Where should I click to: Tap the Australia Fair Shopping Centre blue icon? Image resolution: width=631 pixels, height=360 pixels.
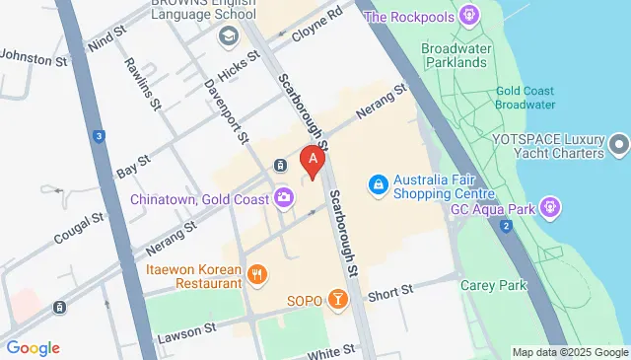[377, 184]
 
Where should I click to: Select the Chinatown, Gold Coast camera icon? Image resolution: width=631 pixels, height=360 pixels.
[284, 198]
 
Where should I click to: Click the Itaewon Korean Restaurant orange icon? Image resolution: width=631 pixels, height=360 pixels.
[257, 275]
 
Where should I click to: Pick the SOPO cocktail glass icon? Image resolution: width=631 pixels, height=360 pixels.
[338, 299]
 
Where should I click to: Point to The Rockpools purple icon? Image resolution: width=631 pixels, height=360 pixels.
[470, 16]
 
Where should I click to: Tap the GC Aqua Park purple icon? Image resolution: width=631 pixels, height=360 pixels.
[550, 207]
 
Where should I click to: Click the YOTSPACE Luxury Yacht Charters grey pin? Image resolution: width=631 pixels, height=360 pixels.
[619, 146]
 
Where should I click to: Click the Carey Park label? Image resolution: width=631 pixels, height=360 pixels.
[493, 285]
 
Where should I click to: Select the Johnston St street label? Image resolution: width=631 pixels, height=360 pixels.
[34, 59]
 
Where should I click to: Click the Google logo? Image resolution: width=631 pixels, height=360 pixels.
[33, 347]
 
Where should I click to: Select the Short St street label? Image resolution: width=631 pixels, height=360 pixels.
[387, 294]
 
